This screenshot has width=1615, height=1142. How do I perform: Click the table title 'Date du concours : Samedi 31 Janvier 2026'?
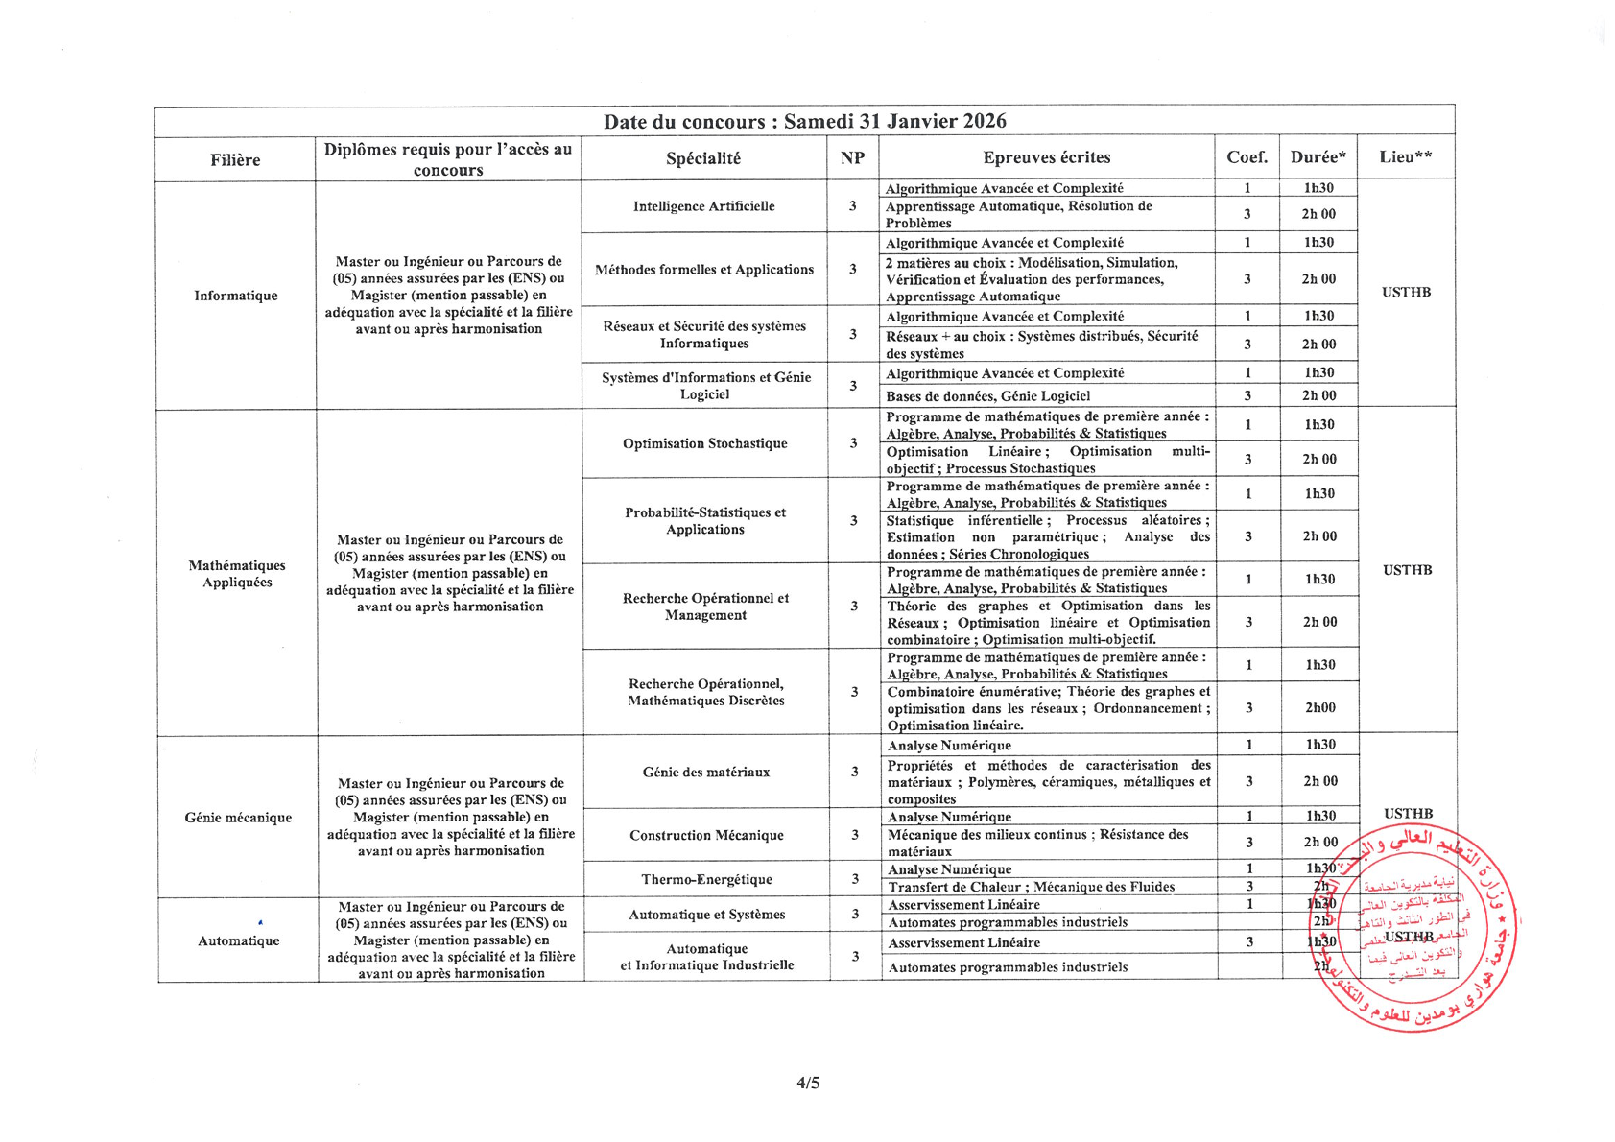[804, 121]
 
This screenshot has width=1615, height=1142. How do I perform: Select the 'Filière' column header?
[235, 160]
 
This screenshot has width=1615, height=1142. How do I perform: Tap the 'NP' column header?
[852, 158]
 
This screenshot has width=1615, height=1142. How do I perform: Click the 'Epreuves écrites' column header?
[1046, 157]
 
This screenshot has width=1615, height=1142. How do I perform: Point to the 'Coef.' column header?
[1247, 157]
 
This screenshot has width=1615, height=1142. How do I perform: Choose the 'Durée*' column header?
[1318, 157]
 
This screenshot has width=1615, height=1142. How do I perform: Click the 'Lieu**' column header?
[1406, 157]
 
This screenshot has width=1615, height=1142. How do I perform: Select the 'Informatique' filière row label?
[235, 296]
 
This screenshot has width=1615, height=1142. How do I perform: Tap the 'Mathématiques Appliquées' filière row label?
[237, 574]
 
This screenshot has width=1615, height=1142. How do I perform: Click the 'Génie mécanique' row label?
[238, 818]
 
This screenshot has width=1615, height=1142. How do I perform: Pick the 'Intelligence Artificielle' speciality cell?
[703, 206]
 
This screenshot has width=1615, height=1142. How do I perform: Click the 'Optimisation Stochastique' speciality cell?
[704, 443]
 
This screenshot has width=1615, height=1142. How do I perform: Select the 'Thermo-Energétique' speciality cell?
[706, 879]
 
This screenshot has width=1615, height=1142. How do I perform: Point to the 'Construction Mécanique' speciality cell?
[706, 835]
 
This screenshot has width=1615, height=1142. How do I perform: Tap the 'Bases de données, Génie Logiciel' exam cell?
[987, 395]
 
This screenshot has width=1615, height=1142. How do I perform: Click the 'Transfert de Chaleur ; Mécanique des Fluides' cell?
[1031, 887]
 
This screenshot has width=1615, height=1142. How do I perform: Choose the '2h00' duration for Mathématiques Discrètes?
[1319, 707]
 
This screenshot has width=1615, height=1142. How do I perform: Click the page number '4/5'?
[808, 1083]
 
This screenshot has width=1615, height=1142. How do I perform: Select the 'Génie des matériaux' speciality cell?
[706, 772]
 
